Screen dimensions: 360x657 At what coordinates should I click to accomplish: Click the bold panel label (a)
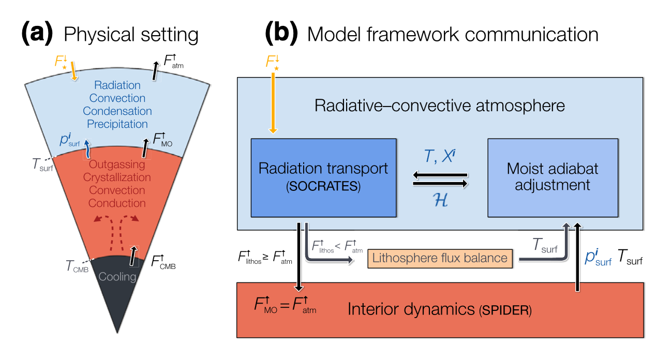[37, 35]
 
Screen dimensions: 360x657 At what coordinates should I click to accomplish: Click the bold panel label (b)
[281, 35]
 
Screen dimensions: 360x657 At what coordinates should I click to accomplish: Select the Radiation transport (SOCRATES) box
[323, 177]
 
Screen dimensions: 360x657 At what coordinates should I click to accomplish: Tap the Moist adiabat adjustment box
[553, 177]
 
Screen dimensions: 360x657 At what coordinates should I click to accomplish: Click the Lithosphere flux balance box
[440, 258]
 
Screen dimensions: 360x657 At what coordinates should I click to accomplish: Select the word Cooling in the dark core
[117, 277]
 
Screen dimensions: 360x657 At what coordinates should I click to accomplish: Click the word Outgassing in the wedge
[118, 164]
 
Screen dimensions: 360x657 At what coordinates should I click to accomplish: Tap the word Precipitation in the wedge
[117, 124]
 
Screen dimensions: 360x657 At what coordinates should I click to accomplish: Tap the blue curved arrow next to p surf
[88, 148]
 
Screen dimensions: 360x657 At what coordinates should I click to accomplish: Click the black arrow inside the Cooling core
[133, 256]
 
